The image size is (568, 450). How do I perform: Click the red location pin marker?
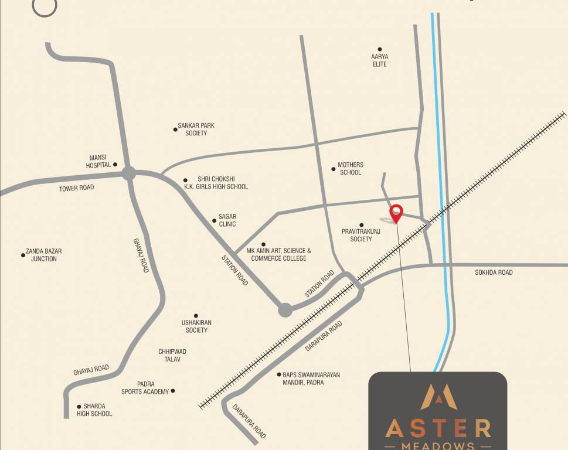[396, 213]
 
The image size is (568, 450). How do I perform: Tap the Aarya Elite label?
[380, 60]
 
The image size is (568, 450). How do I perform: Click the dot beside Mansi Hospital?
[115, 165]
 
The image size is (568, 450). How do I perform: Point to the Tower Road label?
[76, 188]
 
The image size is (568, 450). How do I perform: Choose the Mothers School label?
[351, 169]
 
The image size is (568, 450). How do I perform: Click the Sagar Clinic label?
[227, 220]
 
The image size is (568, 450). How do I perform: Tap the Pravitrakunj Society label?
[361, 235]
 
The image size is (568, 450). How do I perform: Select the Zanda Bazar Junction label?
[44, 255]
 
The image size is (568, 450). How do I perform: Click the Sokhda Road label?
[494, 272]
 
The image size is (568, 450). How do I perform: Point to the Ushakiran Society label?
[196, 326]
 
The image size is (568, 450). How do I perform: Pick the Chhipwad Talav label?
[172, 355]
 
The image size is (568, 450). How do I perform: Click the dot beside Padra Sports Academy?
[172, 391]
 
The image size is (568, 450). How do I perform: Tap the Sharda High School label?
[94, 410]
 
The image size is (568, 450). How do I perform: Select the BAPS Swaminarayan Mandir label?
[311, 379]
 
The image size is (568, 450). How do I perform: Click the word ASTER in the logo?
[438, 428]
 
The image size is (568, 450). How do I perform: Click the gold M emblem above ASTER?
[438, 397]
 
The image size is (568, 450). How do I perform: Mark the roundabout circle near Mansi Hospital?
[129, 173]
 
